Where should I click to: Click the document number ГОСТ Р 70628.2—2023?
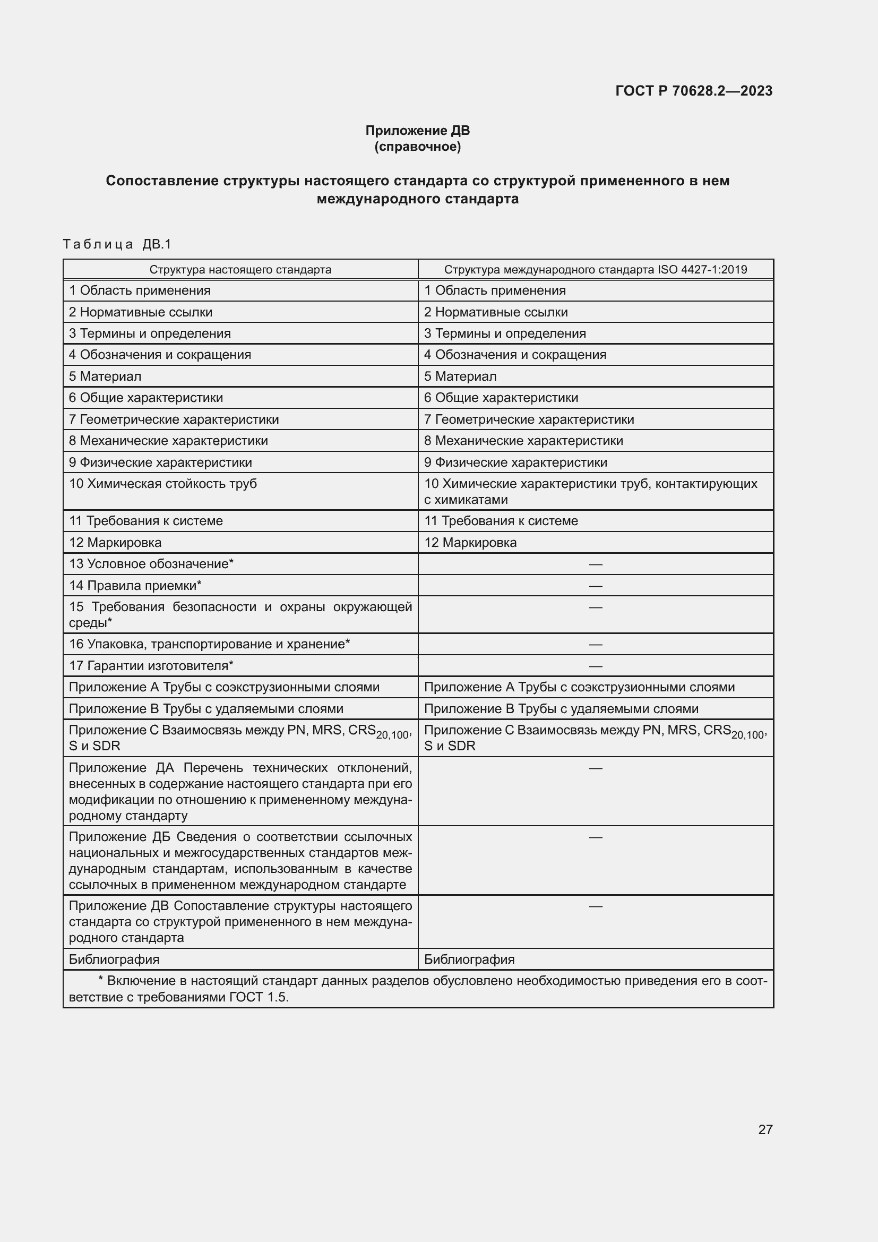(x=694, y=91)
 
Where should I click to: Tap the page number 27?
(x=765, y=1129)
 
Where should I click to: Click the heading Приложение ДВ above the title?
(x=417, y=131)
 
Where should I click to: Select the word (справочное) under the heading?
(x=417, y=147)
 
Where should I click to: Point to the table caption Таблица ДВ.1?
(x=117, y=244)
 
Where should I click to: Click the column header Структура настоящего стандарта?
(x=240, y=269)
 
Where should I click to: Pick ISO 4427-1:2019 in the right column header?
(x=702, y=269)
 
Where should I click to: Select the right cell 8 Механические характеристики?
(x=523, y=440)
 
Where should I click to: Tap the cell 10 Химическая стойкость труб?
(x=163, y=484)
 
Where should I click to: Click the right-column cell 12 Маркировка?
(x=470, y=542)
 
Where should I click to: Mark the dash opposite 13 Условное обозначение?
(x=595, y=564)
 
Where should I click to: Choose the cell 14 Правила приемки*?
(x=135, y=585)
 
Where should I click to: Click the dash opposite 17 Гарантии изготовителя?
(x=595, y=666)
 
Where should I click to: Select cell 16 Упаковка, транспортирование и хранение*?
(x=209, y=644)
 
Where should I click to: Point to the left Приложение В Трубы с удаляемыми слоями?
(x=206, y=709)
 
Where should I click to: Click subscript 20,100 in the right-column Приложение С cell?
(x=748, y=735)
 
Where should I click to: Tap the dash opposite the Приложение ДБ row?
(x=595, y=837)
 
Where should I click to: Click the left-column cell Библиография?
(x=114, y=959)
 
